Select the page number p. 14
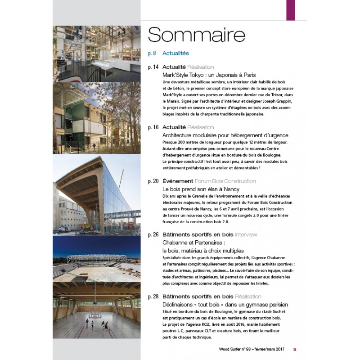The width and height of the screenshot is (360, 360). click(153, 67)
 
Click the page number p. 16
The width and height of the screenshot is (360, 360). click(153, 128)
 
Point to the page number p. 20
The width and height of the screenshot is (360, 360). click(153, 181)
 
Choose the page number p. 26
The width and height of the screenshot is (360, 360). click(153, 235)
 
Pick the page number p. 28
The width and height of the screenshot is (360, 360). click(153, 297)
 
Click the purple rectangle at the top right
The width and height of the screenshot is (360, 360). click(291, 10)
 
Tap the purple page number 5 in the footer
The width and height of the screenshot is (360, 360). click(295, 349)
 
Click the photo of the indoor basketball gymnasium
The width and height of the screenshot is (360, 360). click(96, 310)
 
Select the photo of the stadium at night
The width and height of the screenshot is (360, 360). click(96, 258)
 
